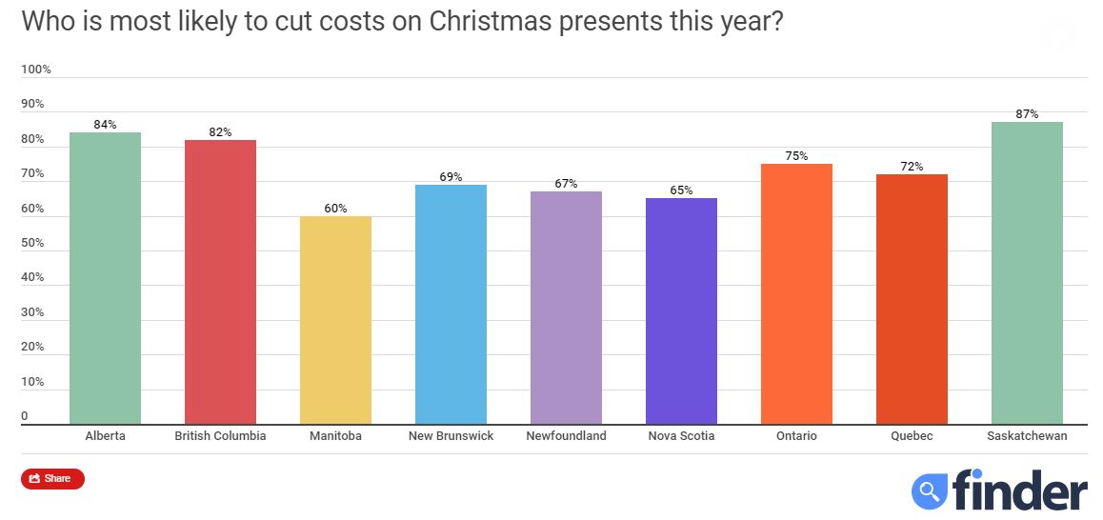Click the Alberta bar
105,278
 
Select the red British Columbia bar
220,282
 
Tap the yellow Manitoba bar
335,320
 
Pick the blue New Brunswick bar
451,305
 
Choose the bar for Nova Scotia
681,311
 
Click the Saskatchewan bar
1027,272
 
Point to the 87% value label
1027,114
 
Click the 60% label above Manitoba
335,209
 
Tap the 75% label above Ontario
796,156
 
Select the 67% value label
566,184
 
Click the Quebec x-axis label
912,436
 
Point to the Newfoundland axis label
566,436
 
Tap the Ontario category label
796,436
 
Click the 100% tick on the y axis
36,70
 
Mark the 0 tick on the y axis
26,416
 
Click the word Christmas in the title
495,21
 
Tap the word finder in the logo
1018,490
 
